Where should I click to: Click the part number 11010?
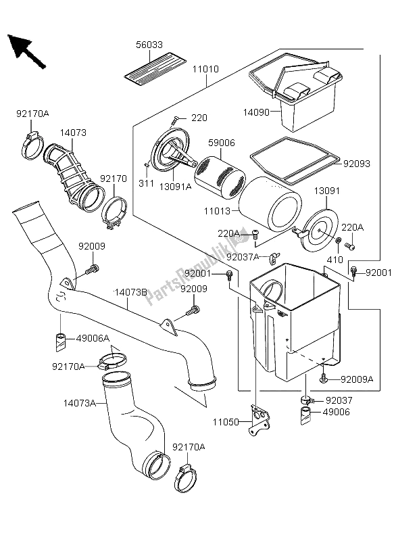[205, 70]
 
